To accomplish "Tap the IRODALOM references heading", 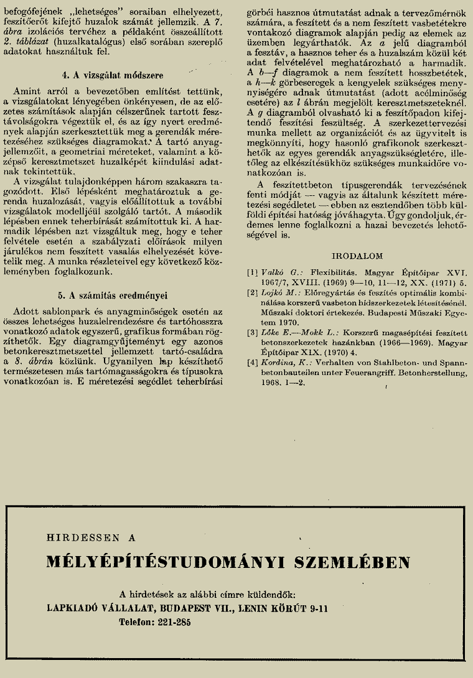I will point(357,256).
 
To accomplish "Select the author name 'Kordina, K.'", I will point(281,362).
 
